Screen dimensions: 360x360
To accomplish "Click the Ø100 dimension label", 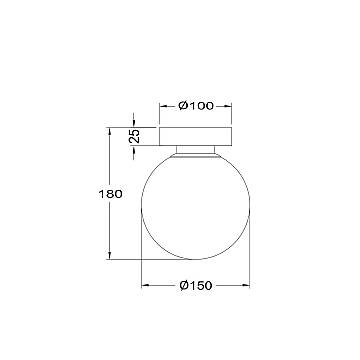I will [x=196, y=106].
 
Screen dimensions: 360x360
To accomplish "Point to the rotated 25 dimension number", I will [x=134, y=136].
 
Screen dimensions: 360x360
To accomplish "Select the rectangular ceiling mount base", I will [x=196, y=136].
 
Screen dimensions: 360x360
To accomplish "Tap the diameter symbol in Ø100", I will [x=184, y=106].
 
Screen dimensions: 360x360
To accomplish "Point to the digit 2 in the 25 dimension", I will [x=134, y=140].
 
